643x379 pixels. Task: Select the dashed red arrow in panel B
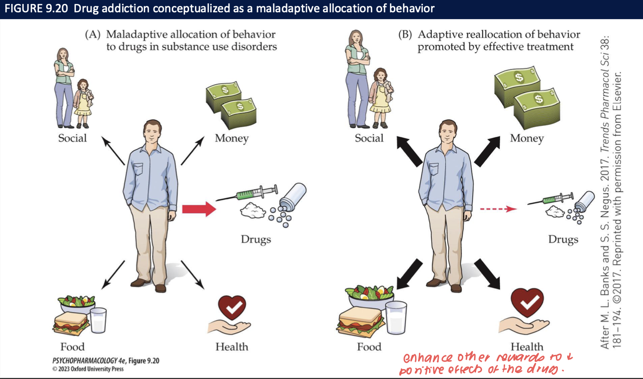498,209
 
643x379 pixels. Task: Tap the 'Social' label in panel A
72,138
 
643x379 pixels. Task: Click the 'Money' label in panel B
526,138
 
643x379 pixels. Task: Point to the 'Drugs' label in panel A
256,240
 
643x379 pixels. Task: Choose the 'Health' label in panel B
527,347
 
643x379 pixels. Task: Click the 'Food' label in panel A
72,347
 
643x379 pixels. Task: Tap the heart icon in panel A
232,308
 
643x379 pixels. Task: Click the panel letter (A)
93,35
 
